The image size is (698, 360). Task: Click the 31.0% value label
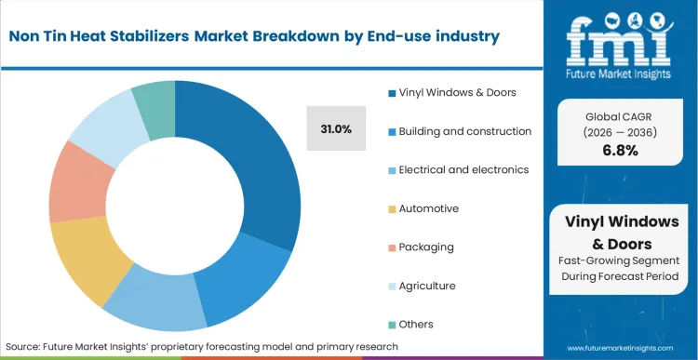point(336,129)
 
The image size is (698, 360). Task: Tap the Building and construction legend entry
point(464,131)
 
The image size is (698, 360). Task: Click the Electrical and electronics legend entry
point(463,169)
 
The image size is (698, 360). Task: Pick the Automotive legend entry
point(428,208)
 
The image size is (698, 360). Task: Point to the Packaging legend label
point(426,247)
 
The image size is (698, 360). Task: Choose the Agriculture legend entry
point(427,286)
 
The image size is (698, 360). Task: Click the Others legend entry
point(416,325)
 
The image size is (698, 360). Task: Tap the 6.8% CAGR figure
point(620,151)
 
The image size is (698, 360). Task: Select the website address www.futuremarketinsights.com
point(621,346)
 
